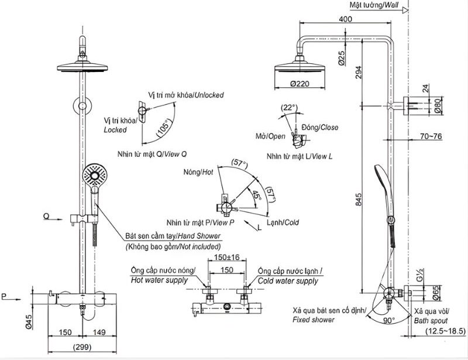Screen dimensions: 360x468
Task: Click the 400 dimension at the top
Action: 345,19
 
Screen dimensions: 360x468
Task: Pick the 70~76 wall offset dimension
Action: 432,137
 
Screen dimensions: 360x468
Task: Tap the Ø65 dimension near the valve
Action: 437,292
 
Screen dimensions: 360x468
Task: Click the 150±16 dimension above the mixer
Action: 228,257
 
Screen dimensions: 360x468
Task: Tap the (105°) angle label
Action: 164,128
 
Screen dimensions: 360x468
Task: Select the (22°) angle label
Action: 289,108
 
